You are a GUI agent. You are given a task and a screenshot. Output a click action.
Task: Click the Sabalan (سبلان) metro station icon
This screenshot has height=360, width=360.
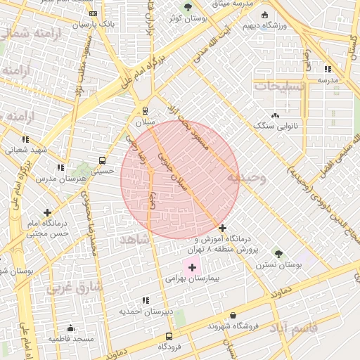coord(145,110)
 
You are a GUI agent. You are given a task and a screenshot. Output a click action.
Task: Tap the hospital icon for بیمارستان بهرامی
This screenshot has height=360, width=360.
coord(192,267)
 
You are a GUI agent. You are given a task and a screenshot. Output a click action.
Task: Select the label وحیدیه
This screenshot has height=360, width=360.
coord(246,179)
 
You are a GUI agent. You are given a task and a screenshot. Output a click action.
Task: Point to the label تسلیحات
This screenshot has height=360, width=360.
coord(279,86)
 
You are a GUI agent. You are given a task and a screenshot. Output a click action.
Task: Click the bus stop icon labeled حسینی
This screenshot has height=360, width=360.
coord(103,160)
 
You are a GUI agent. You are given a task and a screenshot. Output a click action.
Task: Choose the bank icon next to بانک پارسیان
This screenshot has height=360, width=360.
coord(94,13)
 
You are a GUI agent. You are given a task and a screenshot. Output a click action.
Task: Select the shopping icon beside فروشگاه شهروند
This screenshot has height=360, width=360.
coord(212,326)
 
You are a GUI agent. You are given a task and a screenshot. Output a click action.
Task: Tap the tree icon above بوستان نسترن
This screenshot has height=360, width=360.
coord(278,253)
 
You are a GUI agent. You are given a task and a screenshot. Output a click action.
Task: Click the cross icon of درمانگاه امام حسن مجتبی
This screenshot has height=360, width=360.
coord(47,212)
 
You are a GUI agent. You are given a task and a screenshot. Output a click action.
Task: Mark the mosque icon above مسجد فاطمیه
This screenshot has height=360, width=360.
coord(70,328)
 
